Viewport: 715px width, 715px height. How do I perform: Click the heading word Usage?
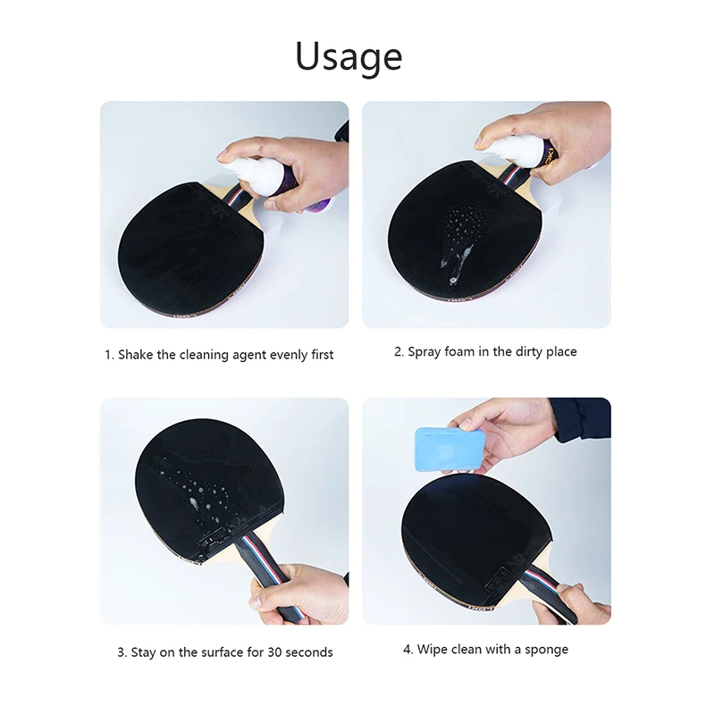(349, 56)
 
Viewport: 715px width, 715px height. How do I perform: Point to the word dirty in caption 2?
(533, 352)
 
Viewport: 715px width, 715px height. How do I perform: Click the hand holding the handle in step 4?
(573, 604)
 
